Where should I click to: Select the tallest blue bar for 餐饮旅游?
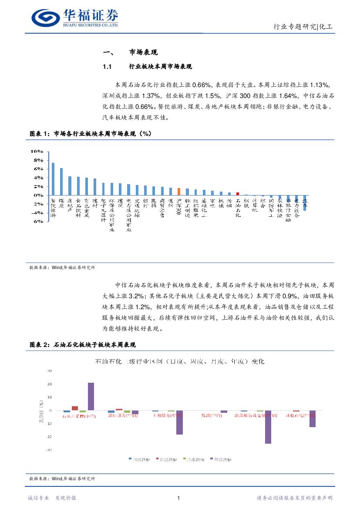[53, 179]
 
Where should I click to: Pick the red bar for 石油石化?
[238, 194]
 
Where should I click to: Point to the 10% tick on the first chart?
[36, 152]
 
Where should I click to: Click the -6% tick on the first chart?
[36, 221]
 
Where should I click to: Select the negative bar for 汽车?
[305, 203]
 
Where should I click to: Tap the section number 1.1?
[108, 67]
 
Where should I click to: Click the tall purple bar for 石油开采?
[91, 397]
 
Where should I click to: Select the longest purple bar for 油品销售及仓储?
[268, 427]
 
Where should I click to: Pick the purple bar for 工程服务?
[179, 422]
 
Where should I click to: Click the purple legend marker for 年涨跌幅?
[211, 459]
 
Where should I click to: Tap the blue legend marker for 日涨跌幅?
[130, 459]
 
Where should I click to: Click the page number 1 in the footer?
[179, 498]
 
